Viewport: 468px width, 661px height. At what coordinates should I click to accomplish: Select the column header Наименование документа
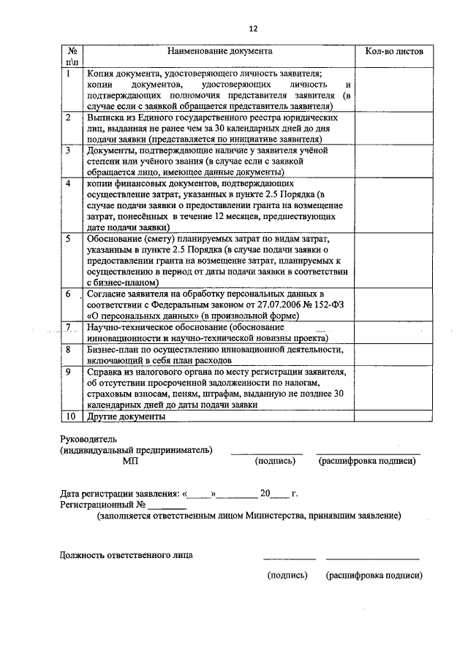219,52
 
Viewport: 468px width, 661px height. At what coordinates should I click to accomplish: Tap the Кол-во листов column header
393,52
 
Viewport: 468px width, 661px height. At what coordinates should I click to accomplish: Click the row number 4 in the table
68,183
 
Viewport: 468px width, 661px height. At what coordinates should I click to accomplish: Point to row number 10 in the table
69,416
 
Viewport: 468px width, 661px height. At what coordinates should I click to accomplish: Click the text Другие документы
126,416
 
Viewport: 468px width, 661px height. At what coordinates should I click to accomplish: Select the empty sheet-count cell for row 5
393,259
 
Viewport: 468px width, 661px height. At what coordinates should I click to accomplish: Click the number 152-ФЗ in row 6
317,305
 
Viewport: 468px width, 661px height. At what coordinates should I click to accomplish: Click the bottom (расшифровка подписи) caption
374,575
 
